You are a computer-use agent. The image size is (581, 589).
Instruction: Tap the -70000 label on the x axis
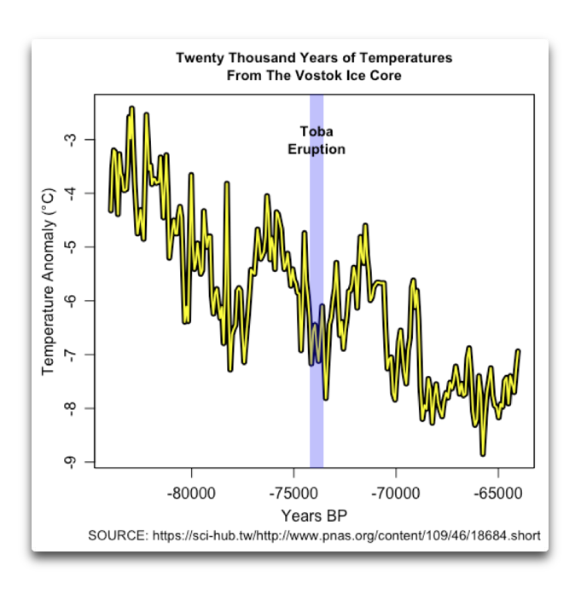click(x=396, y=493)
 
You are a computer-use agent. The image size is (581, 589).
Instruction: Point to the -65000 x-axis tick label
click(x=497, y=493)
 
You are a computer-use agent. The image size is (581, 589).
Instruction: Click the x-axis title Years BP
click(x=314, y=516)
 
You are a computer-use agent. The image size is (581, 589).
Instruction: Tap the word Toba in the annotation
click(x=317, y=132)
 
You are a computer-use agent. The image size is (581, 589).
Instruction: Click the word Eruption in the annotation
click(x=317, y=149)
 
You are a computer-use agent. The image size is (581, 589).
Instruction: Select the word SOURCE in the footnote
click(x=118, y=536)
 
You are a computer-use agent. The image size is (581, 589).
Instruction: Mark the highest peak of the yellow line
click(x=131, y=108)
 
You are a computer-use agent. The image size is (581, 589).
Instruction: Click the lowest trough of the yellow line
click(x=483, y=454)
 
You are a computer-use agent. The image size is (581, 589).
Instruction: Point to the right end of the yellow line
click(x=518, y=351)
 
